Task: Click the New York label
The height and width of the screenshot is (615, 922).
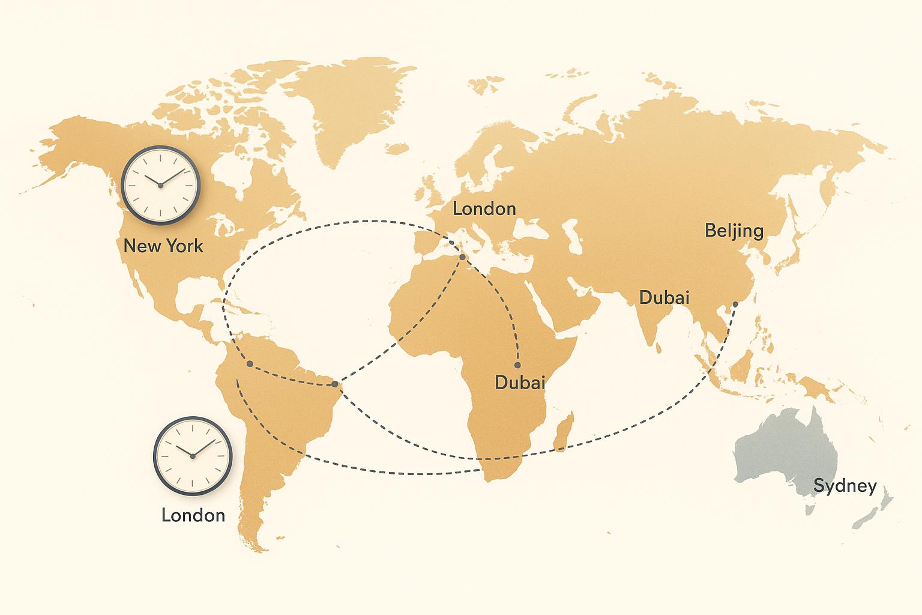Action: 163,246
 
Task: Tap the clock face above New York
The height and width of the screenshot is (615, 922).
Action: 160,185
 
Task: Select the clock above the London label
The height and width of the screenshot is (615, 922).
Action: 193,456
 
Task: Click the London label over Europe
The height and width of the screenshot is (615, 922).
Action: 484,209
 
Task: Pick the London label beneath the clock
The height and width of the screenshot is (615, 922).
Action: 193,515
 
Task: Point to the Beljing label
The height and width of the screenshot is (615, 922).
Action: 734,231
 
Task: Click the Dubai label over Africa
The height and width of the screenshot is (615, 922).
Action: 520,382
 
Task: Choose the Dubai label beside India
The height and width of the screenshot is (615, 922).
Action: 664,297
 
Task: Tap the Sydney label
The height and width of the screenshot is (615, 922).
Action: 845,486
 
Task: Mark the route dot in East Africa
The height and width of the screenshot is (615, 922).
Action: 517,365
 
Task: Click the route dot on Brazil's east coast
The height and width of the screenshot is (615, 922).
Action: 335,384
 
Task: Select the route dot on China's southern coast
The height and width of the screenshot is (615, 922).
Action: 735,304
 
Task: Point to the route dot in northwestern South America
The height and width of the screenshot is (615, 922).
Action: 249,365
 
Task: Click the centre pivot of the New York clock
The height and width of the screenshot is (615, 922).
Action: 160,186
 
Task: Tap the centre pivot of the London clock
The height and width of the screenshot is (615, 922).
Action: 193,456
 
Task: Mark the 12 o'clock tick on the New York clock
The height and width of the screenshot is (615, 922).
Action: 160,157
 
